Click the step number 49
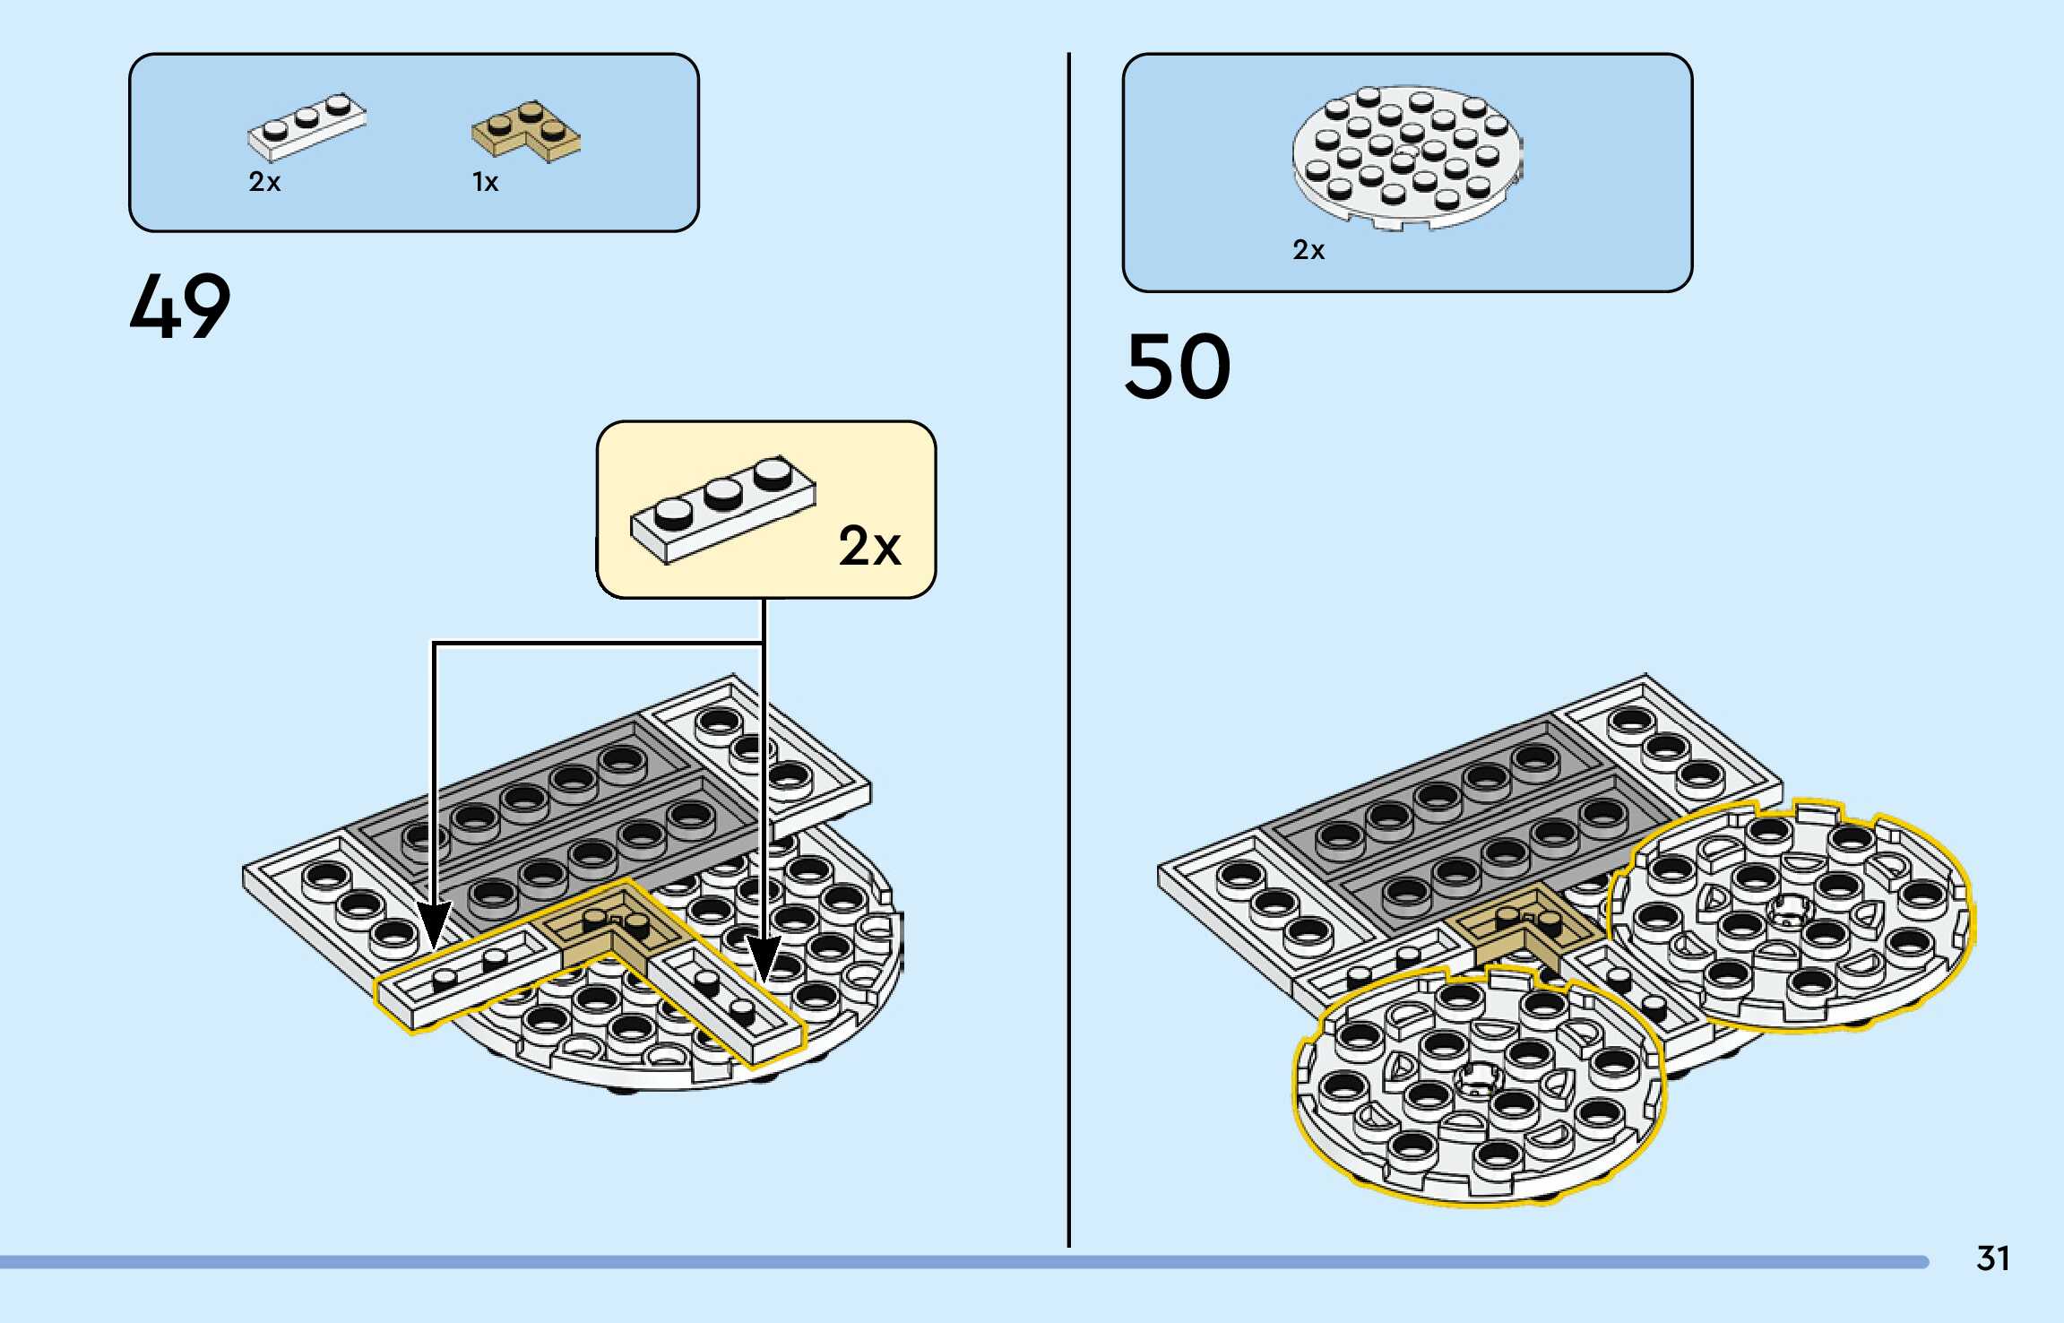pos(180,307)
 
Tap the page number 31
pos(1992,1258)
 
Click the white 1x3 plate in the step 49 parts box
pos(307,125)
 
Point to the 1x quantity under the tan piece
pos(485,183)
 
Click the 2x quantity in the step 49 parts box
pos(264,183)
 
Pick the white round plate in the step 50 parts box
pos(1407,155)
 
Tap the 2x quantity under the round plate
pos(1308,250)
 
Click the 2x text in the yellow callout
pos(869,546)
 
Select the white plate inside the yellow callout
pos(722,508)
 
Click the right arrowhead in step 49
pos(764,957)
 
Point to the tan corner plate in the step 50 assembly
pos(1528,928)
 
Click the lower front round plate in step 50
pos(1477,1084)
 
